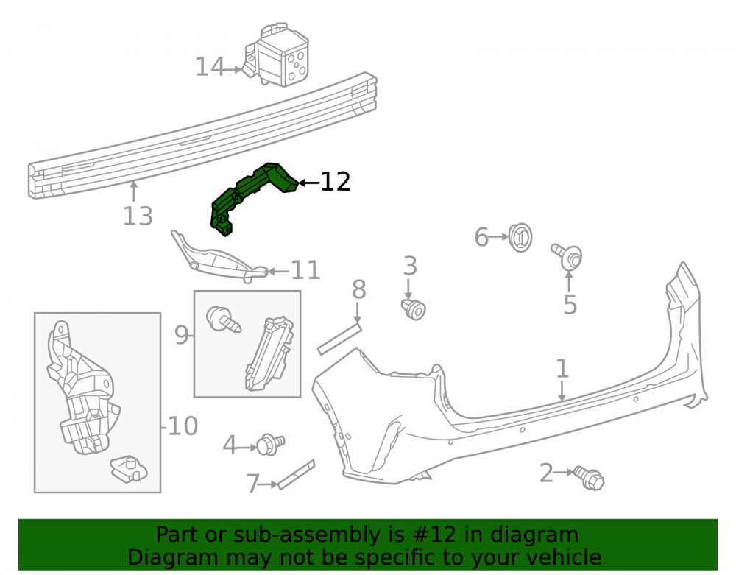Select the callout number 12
point(335,182)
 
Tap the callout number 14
point(210,67)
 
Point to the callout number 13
point(138,216)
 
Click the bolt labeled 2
point(589,478)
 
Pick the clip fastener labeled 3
point(414,309)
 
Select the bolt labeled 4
point(271,445)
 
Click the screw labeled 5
point(567,256)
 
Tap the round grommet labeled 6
point(520,237)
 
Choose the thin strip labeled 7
point(296,475)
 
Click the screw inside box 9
point(224,320)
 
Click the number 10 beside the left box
point(183,426)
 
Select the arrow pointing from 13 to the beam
point(134,192)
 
